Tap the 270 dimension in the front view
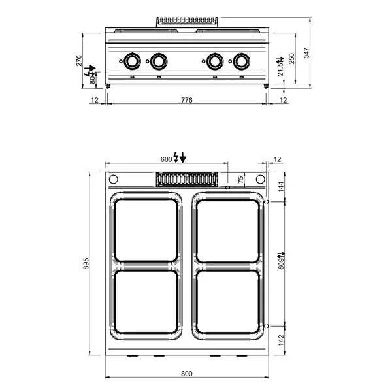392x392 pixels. coord(80,60)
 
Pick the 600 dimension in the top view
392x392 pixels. coord(166,159)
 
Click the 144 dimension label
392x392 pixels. coord(282,187)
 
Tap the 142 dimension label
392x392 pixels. coord(282,340)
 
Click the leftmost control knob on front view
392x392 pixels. coord(131,62)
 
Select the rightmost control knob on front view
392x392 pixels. coord(242,62)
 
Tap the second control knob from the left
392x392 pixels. coord(158,62)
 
